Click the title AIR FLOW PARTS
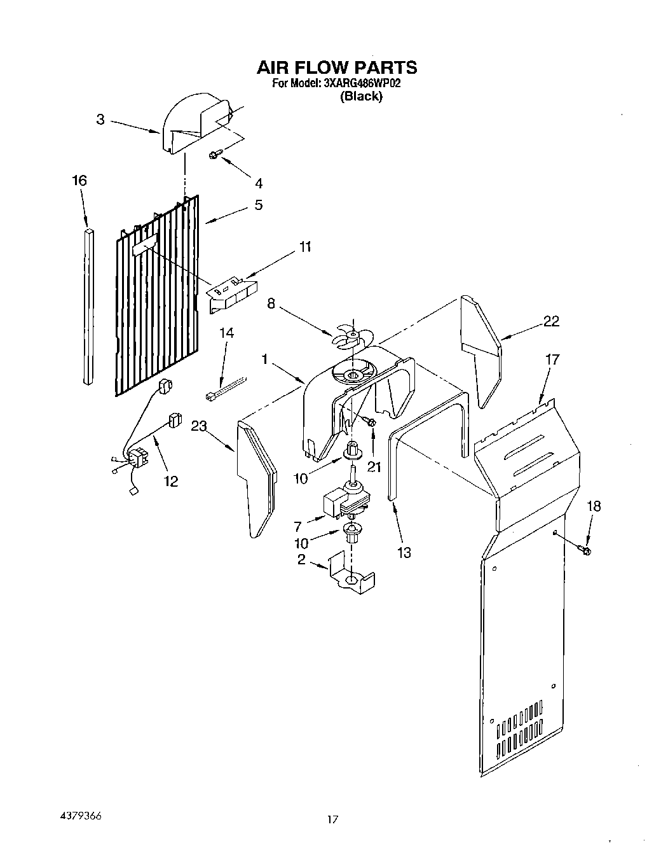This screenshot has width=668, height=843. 336,67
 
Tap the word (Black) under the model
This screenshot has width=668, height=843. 361,97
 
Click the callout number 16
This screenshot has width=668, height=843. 79,181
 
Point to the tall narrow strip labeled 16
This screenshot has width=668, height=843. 89,305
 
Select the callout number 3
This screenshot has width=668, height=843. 100,119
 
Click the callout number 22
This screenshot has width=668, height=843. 551,321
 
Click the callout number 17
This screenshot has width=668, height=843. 552,359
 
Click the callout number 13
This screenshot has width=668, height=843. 404,552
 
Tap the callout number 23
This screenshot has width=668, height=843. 199,427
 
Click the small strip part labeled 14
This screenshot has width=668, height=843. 225,389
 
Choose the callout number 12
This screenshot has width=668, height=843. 170,481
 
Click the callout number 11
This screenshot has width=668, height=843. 306,247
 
